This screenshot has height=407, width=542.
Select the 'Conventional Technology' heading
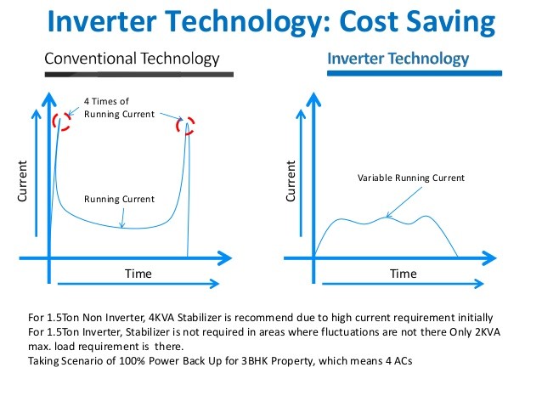tap(132, 59)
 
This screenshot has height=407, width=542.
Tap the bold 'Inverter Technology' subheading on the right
tap(398, 59)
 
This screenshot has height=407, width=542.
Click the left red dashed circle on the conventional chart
tap(59, 120)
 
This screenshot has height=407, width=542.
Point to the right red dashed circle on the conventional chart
tap(186, 126)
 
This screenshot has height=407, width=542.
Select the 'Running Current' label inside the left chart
tap(119, 199)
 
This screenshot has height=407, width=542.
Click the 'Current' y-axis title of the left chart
tap(23, 181)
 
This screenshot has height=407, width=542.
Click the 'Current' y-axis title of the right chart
tap(291, 181)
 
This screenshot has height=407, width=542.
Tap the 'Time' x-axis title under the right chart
tap(404, 274)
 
